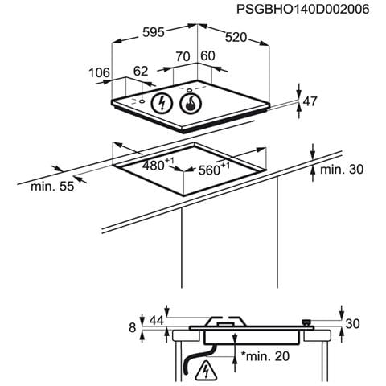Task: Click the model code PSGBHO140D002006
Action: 303,10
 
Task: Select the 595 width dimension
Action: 154,32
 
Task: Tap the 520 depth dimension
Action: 236,38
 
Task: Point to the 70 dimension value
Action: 183,56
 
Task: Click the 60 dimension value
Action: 207,56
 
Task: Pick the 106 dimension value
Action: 99,72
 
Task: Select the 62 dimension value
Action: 141,72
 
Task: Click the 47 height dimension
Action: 310,101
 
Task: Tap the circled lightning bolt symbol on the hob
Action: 162,103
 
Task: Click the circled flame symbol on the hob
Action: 190,103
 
